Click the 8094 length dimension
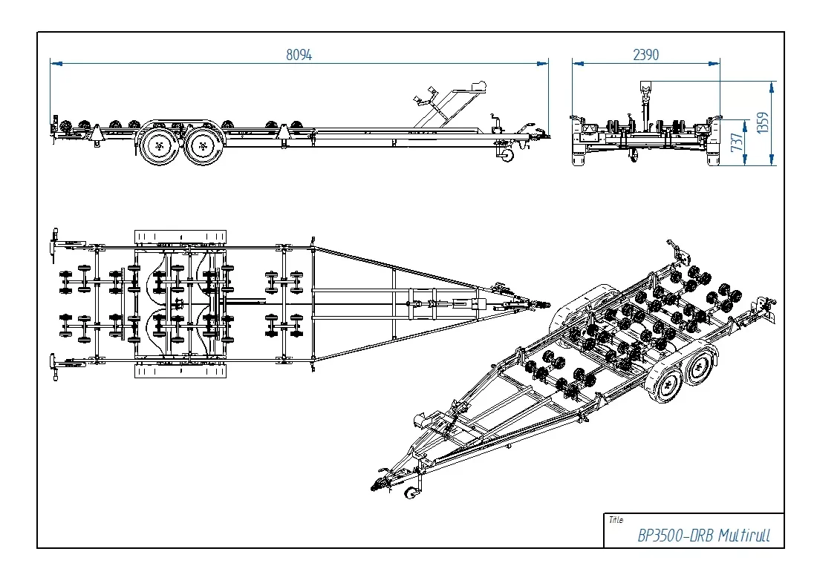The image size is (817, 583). [x=299, y=55]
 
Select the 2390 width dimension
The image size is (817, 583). [x=645, y=55]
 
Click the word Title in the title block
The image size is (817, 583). [x=616, y=520]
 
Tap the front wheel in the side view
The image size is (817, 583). [x=203, y=147]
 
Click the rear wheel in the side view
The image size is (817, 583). [x=158, y=147]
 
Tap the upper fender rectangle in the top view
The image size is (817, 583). [x=180, y=236]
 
